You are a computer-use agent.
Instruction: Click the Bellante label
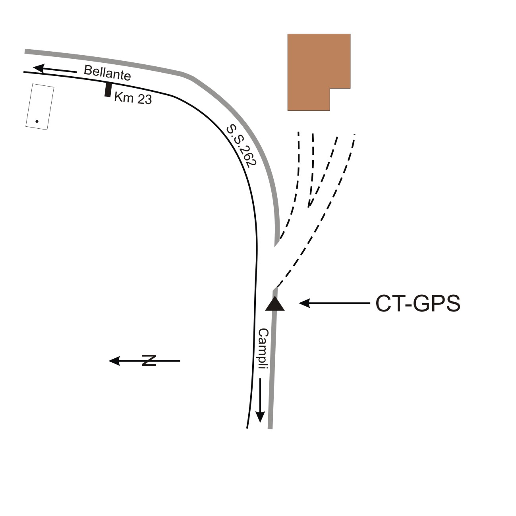point(107,73)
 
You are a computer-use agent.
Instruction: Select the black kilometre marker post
point(107,89)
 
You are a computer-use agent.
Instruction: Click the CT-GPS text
point(418,304)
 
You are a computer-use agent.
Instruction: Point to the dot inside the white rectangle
point(37,121)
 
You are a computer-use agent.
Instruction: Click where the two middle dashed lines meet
point(309,206)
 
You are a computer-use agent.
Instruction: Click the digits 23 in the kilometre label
point(145,99)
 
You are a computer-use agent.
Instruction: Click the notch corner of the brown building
point(330,88)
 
